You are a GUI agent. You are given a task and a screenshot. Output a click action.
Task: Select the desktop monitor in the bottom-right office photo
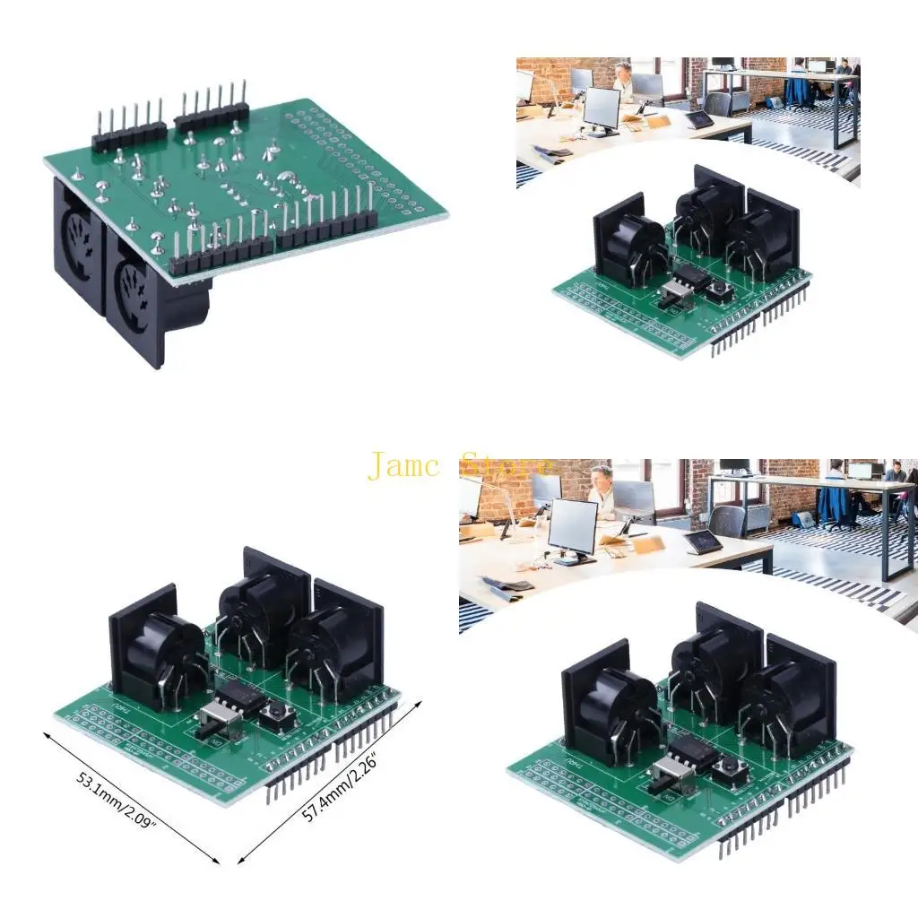[573, 529]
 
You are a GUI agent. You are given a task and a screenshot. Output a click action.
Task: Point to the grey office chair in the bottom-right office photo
[728, 520]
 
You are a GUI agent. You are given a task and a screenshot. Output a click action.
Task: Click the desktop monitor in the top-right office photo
[601, 109]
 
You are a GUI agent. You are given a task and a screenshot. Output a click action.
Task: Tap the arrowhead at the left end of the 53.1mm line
[48, 733]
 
